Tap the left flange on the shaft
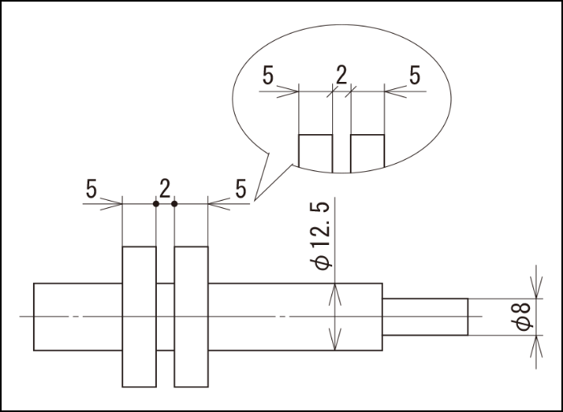coord(138,316)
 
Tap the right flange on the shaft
coord(191,316)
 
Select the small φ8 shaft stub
coord(425,316)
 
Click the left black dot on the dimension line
coord(156,203)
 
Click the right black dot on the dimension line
coord(174,203)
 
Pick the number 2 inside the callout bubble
coord(341,76)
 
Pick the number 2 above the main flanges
coord(164,190)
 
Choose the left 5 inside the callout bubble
coord(269,76)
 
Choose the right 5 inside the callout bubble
coord(414,76)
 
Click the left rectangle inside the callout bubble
coord(315,152)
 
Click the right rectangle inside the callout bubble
coord(368,152)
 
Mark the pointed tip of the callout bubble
coord(253,200)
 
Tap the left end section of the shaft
coord(77,316)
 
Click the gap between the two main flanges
coord(165,316)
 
